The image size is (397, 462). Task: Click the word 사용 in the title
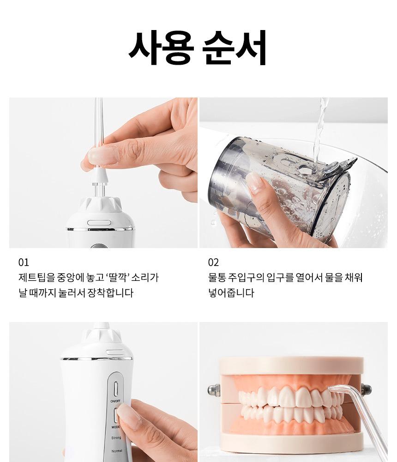(x=162, y=48)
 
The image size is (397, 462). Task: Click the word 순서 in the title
(x=235, y=48)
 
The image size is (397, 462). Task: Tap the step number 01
(x=24, y=262)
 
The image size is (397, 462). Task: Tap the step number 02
(x=214, y=262)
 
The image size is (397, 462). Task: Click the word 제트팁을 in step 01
(x=37, y=278)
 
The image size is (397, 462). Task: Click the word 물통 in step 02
(x=217, y=278)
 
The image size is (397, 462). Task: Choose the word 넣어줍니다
(x=231, y=293)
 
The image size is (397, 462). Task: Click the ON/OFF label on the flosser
(x=115, y=401)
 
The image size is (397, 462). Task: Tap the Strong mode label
(x=116, y=438)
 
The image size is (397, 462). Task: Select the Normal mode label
(x=117, y=451)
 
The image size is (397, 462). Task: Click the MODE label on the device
(x=115, y=426)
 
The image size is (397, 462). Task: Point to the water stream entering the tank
(x=319, y=130)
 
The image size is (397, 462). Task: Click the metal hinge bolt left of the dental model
(x=214, y=391)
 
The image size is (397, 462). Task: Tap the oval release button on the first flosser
(x=99, y=223)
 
